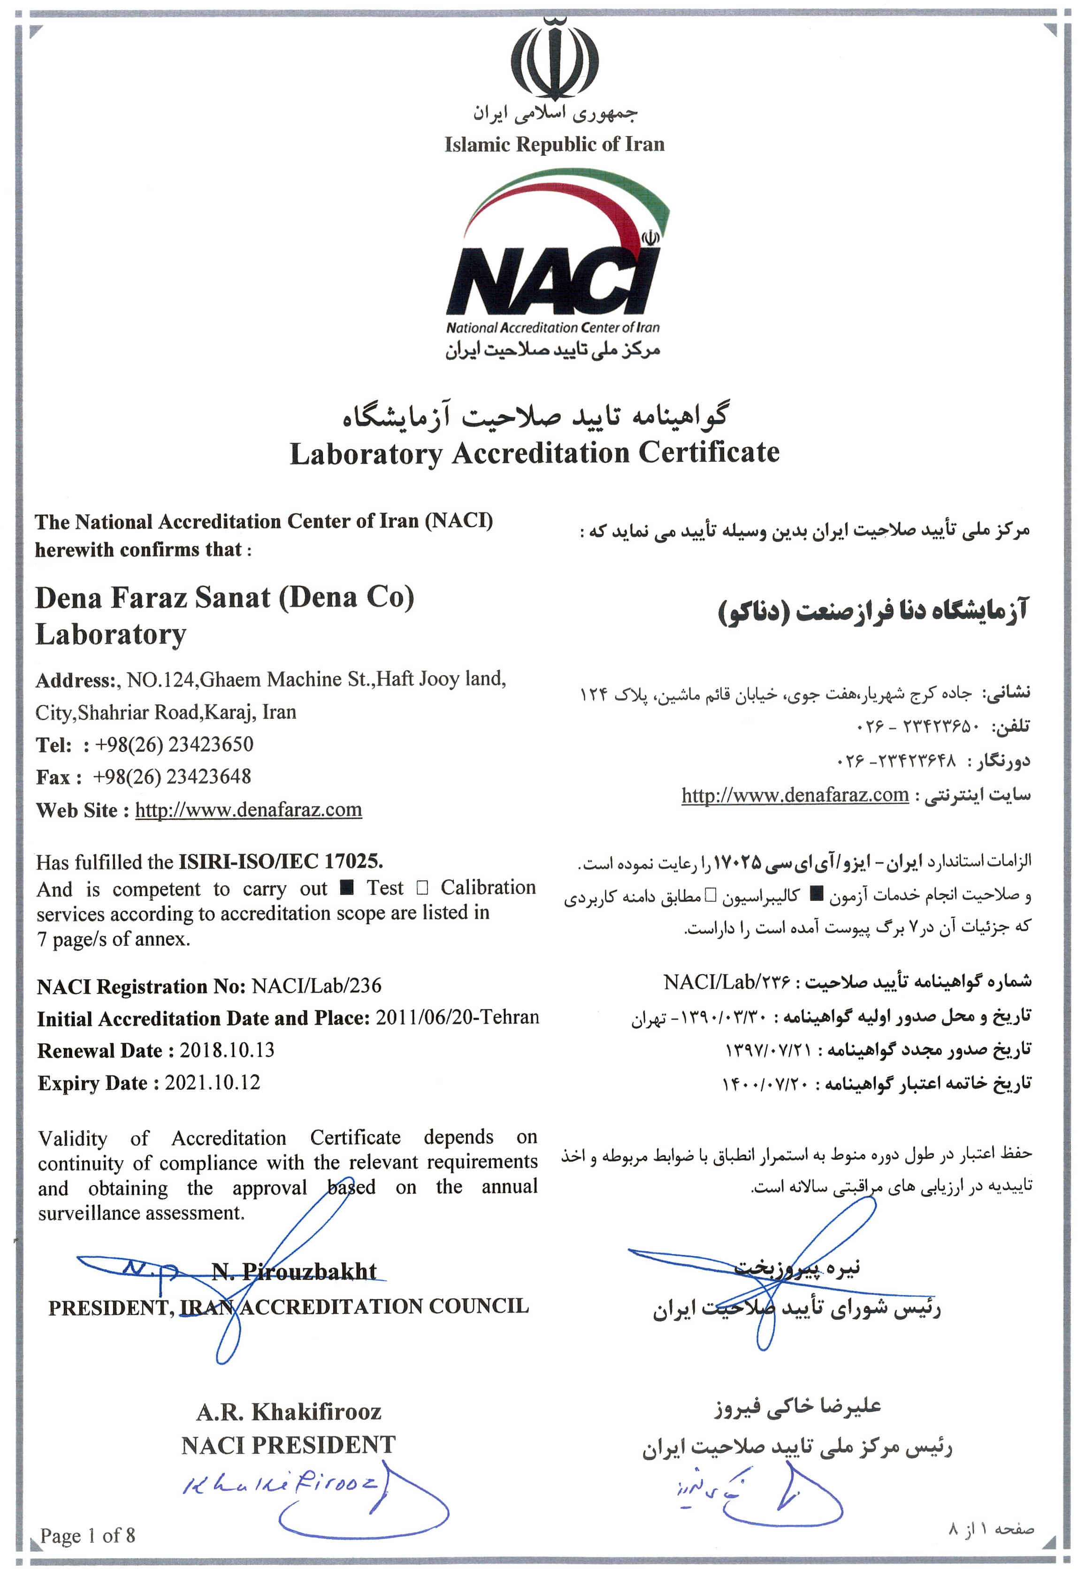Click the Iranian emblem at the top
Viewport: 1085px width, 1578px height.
point(554,59)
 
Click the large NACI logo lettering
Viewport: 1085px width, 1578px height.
point(552,280)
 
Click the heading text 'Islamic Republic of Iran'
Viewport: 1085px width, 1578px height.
point(554,144)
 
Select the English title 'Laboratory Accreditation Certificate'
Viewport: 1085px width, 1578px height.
point(535,453)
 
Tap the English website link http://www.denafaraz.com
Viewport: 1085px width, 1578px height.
point(248,809)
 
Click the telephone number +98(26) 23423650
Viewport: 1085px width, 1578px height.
point(174,744)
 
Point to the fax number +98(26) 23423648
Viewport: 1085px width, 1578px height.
point(172,777)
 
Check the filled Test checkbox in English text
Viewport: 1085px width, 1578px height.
point(347,888)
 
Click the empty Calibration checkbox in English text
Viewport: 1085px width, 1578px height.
point(422,888)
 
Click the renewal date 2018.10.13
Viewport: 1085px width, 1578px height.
point(227,1050)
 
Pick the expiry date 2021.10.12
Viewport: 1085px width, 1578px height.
point(212,1082)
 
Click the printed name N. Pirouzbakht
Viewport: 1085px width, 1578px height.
point(294,1272)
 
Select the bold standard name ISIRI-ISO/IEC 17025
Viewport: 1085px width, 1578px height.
point(281,861)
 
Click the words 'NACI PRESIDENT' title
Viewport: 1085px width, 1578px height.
point(288,1444)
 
